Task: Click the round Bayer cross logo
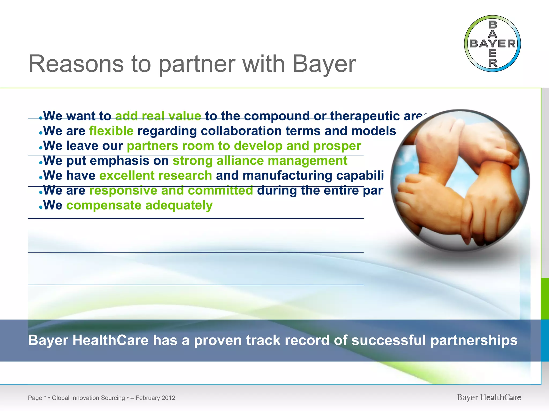pos(492,44)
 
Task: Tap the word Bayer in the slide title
pos(324,64)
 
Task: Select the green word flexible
pos(111,131)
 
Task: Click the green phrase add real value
pos(158,116)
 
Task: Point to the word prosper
pos(337,146)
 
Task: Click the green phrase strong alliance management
pos(260,161)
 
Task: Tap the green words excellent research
pos(155,176)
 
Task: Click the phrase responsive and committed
pos(171,191)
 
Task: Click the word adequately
pos(179,205)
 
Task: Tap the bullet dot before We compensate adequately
pos(40,207)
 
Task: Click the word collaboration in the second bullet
pos(241,131)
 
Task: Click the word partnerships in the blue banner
pos(474,340)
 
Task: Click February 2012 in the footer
pos(155,398)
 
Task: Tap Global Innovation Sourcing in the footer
pos(88,398)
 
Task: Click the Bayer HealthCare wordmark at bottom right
pos(489,397)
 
